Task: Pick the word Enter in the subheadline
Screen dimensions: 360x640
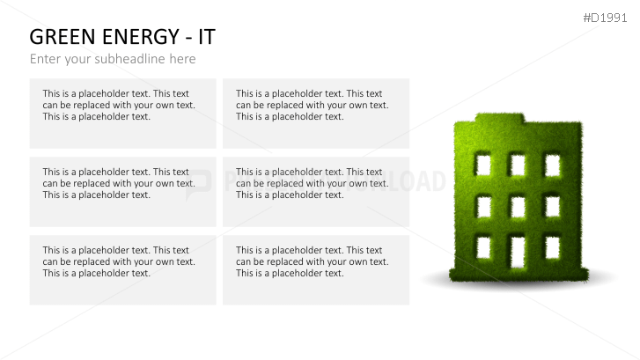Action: [x=46, y=59]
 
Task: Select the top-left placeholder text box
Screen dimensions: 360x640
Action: [x=122, y=113]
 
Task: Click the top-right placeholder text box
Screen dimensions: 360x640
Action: [x=315, y=113]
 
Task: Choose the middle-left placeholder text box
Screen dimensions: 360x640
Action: [x=122, y=191]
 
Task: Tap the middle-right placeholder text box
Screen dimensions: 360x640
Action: [x=315, y=191]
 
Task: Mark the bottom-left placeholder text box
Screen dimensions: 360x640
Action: [x=122, y=269]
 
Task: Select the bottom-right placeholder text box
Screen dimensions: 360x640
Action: [x=315, y=269]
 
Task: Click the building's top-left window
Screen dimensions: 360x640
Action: [x=483, y=165]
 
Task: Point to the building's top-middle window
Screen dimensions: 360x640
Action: [x=518, y=165]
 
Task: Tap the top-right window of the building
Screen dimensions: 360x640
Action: [x=552, y=165]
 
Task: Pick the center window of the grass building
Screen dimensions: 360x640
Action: [x=518, y=206]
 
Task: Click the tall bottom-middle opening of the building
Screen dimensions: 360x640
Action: [x=518, y=251]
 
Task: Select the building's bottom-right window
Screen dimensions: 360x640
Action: [x=552, y=247]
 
